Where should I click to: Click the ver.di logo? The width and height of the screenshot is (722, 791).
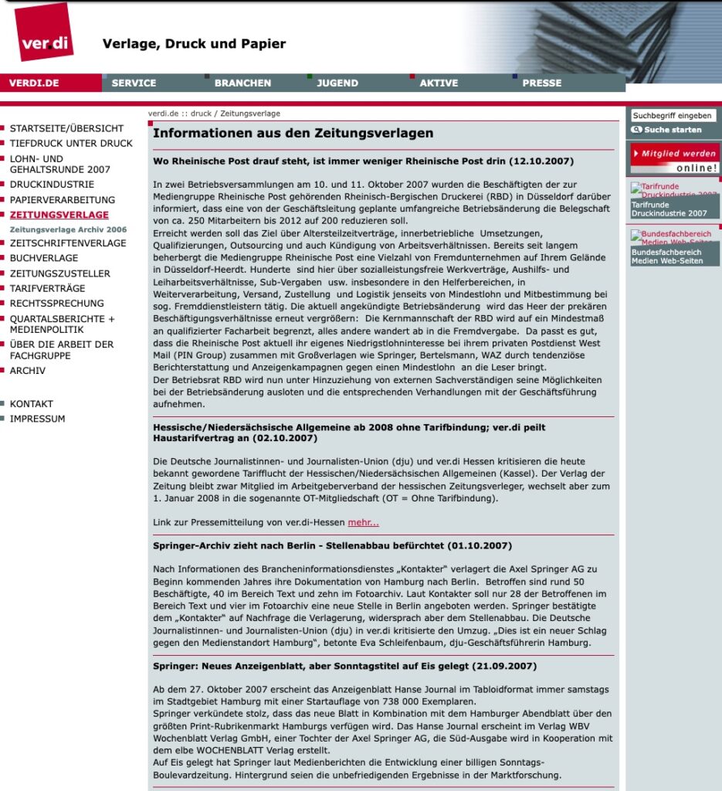pos(44,32)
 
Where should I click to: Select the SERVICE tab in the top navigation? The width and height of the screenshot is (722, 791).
pos(134,83)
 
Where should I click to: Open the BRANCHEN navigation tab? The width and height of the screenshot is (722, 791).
pos(242,83)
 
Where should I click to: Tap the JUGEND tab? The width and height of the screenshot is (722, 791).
pos(337,83)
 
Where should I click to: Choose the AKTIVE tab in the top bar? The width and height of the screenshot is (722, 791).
pos(439,83)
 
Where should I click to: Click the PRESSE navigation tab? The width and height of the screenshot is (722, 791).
pos(541,83)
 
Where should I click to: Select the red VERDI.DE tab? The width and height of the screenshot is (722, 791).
pos(35,83)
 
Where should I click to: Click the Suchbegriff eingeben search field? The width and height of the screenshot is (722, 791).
pos(673,116)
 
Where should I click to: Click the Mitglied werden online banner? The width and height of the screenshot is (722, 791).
pos(675,158)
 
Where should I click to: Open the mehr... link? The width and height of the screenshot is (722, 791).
pos(363,523)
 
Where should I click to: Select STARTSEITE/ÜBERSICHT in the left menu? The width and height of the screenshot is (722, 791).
pos(66,128)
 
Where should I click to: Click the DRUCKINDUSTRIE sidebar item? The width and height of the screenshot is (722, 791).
pos(52,185)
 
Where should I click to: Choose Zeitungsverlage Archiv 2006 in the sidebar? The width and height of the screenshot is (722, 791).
pos(68,229)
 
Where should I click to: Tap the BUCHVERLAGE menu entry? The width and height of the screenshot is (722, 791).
pos(44,258)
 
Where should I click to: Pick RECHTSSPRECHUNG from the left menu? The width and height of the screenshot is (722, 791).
pos(56,304)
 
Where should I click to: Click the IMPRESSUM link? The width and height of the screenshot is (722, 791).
pos(37,419)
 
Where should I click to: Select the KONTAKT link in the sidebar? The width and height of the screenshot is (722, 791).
pos(32,404)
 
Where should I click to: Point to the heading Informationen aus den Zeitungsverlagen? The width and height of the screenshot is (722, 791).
pos(293,133)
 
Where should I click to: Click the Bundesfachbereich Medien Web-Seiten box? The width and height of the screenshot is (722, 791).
pos(675,247)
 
